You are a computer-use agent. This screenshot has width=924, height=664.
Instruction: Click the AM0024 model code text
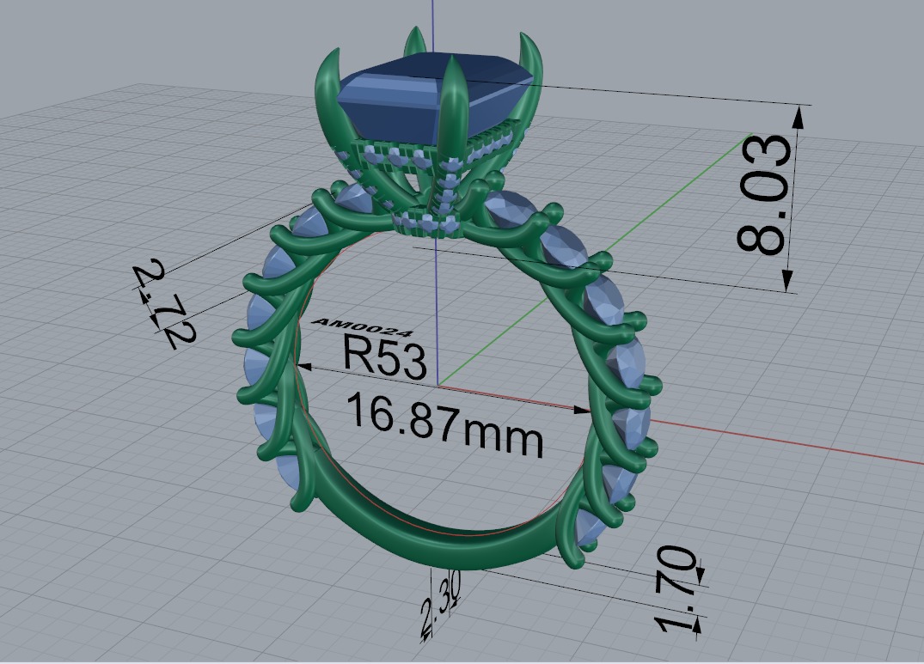(364, 327)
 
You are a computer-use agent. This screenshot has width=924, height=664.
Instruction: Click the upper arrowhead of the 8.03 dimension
(799, 117)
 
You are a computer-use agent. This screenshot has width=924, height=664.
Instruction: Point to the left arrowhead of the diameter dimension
(303, 367)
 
